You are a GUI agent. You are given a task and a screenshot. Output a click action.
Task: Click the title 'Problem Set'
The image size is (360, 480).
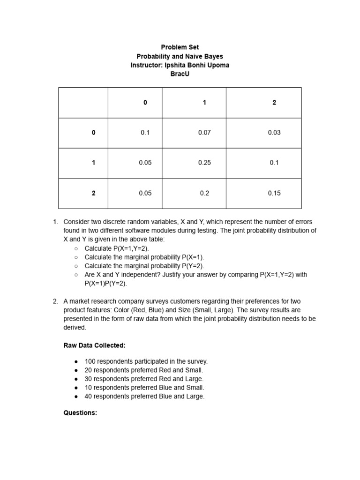[x=180, y=47]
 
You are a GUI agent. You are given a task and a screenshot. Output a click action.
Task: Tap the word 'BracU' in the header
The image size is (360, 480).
[x=180, y=74]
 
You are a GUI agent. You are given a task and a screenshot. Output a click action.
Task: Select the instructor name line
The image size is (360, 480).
[x=180, y=65]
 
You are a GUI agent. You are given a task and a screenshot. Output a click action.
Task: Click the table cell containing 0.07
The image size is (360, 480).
[x=204, y=133]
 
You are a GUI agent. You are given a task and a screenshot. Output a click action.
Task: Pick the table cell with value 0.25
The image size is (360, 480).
[x=204, y=163]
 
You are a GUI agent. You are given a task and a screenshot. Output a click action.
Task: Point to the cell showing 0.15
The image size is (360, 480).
[x=274, y=193]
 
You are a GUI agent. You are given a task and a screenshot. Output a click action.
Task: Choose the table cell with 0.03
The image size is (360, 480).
[x=274, y=133]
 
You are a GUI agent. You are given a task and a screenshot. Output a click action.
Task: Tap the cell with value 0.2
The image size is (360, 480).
[x=204, y=193]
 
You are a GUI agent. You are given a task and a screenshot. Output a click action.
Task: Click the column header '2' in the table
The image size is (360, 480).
[x=274, y=103]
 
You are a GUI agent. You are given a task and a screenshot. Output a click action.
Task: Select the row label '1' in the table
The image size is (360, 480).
[x=94, y=163]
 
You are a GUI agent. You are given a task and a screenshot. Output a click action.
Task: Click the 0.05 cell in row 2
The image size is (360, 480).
[x=145, y=193]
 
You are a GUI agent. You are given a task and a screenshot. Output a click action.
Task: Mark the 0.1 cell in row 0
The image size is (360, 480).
[x=145, y=133]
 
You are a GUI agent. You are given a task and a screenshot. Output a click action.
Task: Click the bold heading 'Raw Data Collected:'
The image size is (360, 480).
[x=94, y=345]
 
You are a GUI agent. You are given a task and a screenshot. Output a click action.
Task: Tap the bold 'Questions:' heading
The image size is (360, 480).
[x=80, y=413]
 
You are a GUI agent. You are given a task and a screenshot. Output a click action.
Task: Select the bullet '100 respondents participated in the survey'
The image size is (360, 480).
[x=146, y=361]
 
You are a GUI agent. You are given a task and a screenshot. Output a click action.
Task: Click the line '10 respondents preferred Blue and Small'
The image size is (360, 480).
[x=144, y=388]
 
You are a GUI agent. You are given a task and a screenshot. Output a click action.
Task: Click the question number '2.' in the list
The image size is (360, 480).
[x=55, y=301]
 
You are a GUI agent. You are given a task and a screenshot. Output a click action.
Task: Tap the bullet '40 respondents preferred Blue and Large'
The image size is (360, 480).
[x=144, y=397]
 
